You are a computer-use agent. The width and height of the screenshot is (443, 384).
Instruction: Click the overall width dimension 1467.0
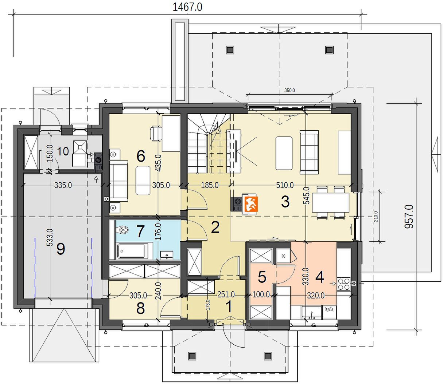(x=187, y=7)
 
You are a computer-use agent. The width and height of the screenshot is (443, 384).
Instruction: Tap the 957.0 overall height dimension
(x=409, y=216)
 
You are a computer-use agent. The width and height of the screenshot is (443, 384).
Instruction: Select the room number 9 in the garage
(x=61, y=249)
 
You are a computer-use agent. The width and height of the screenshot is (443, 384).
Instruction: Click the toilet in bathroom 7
(x=122, y=230)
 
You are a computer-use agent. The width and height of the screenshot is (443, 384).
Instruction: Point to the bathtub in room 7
(x=133, y=251)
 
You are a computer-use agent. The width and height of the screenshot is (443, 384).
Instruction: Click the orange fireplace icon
(x=251, y=204)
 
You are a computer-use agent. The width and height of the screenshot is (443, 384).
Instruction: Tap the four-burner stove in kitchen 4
(x=344, y=284)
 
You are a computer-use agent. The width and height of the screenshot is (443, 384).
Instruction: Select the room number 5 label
(x=262, y=277)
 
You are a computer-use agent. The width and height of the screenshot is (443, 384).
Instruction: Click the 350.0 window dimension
(x=289, y=90)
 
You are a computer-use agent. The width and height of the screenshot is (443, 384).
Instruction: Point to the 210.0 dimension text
(x=376, y=216)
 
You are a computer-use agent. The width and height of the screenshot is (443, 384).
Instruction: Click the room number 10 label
(x=63, y=151)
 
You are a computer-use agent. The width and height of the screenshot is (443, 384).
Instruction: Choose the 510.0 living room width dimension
(x=285, y=185)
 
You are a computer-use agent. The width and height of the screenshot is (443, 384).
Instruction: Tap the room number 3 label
(x=285, y=202)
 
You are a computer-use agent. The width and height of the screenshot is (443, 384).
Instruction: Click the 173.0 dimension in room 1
(x=208, y=305)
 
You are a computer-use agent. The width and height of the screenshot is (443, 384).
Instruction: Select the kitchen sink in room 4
(x=312, y=313)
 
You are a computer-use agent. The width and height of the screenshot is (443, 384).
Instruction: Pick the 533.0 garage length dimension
(x=50, y=237)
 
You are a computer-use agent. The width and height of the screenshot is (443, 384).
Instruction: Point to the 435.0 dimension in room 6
(x=158, y=163)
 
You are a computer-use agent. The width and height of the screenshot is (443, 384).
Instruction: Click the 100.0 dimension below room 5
(x=261, y=294)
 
